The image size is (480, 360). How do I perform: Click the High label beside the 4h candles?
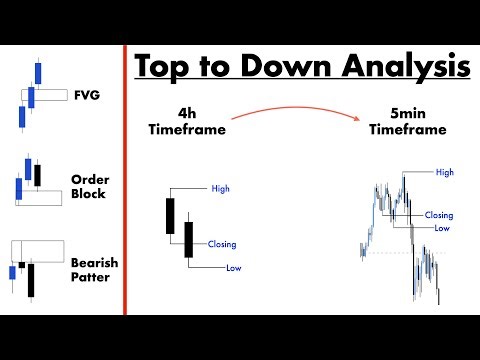click(221, 188)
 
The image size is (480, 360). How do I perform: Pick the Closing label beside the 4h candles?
click(223, 244)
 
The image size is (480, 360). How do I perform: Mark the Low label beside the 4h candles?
click(233, 267)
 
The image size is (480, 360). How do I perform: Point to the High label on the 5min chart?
click(445, 172)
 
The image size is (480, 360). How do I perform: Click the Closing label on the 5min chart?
click(439, 215)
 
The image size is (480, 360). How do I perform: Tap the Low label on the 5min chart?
click(441, 228)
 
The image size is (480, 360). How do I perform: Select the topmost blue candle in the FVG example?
click(40, 73)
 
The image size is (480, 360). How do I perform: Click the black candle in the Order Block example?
click(37, 174)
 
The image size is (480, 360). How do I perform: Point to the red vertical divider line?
click(124, 180)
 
